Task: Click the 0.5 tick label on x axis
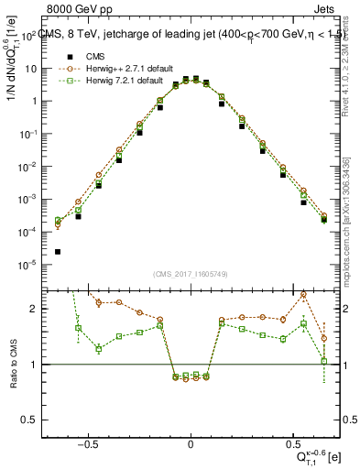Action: pos(293,442)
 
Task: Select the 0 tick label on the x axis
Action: pos(191,442)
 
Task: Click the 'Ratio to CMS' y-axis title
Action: pos(13,365)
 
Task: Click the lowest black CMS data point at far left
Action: pos(58,252)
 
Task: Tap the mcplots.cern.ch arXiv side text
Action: pos(353,220)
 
